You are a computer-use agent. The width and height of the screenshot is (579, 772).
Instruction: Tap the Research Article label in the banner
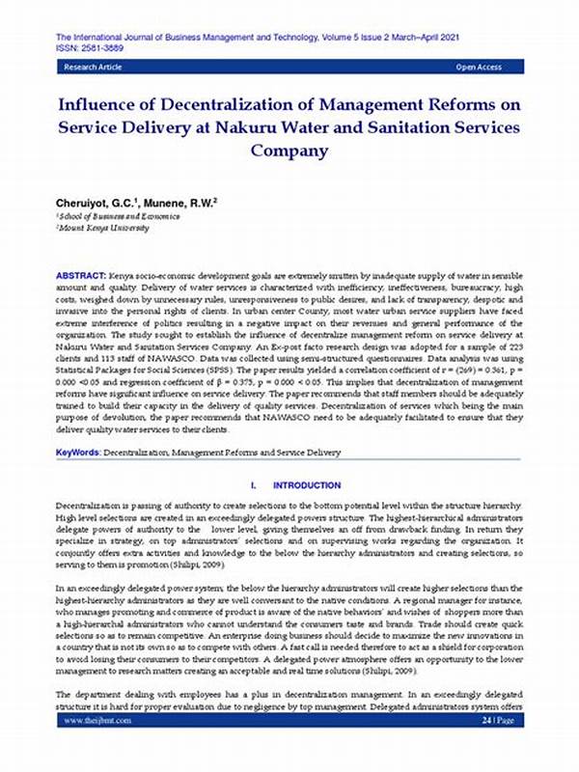94,69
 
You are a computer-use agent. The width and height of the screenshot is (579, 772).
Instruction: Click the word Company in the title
289,151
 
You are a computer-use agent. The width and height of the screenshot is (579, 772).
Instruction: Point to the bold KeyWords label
77,451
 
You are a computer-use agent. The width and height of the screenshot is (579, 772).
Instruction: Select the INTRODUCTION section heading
307,484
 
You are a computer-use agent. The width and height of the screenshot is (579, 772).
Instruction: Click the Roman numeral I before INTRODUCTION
252,484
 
